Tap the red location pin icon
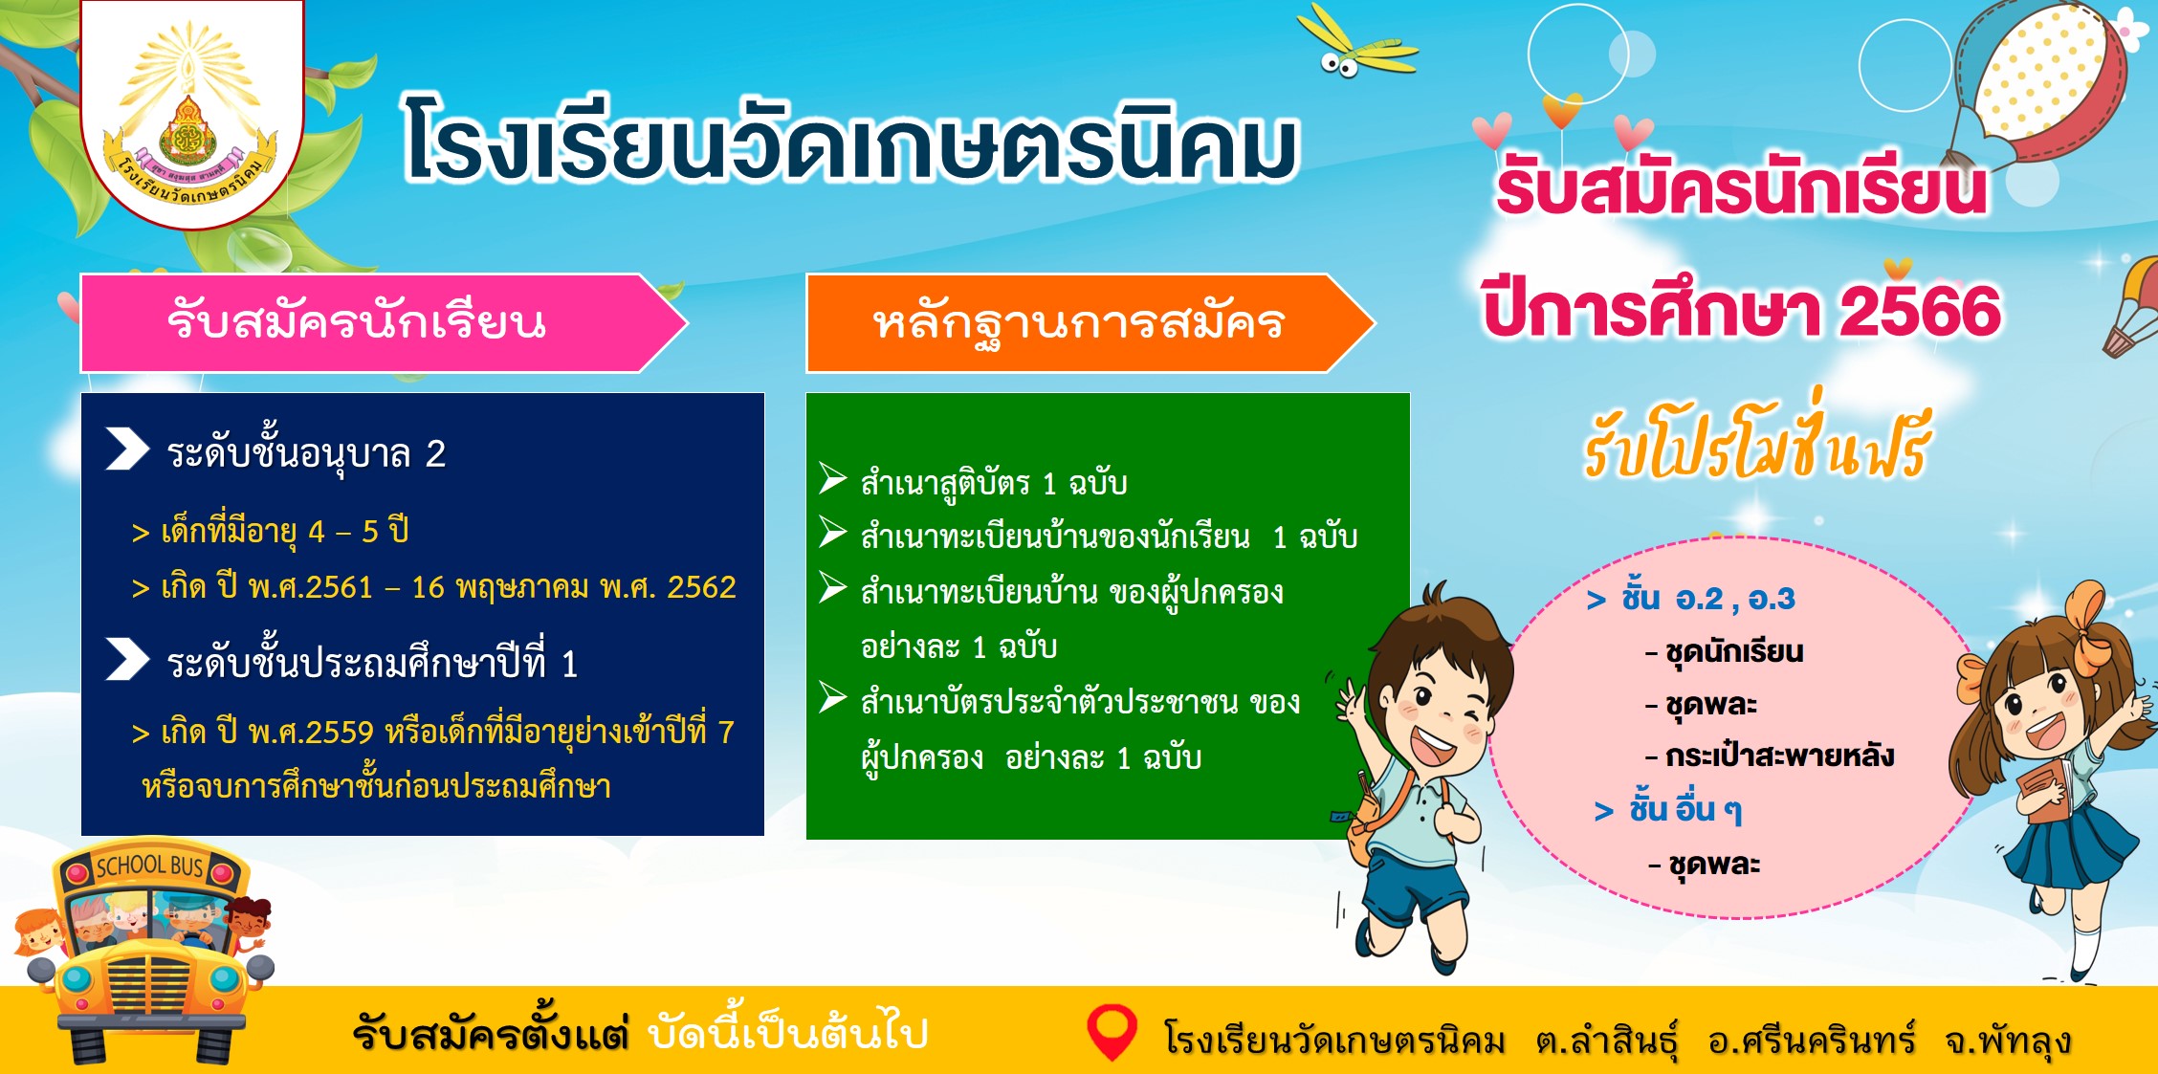[1112, 1032]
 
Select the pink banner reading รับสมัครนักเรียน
[383, 323]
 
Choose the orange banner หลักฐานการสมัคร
[1090, 323]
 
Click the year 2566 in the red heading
[1920, 311]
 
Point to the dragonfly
[1358, 43]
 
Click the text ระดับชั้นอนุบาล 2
[306, 454]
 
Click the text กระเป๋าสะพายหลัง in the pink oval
[1779, 756]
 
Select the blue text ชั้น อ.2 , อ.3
[1707, 599]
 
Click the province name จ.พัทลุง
[2008, 1040]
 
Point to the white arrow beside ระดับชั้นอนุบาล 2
[127, 449]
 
